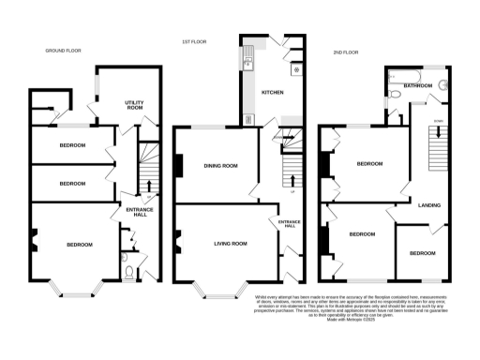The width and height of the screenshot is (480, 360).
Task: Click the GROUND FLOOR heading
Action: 65,51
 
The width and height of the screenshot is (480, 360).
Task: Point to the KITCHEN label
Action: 272,93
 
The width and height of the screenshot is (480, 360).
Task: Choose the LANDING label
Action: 430,204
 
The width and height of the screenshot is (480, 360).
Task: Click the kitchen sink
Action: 248,63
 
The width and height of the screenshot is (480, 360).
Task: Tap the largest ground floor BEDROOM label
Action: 79,245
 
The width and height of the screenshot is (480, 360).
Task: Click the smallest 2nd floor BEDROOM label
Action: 422,253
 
